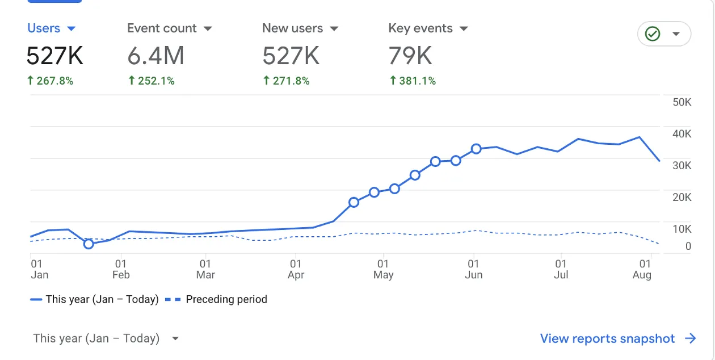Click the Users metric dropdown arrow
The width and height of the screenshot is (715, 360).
click(71, 29)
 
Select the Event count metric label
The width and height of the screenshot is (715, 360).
click(162, 28)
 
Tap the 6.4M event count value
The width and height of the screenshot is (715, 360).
click(155, 56)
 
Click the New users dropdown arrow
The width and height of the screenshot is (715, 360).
click(334, 29)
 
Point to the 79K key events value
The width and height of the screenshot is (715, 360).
click(410, 56)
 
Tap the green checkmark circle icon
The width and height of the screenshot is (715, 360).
click(653, 34)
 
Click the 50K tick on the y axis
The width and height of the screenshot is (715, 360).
click(682, 102)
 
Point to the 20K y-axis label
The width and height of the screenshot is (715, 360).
click(682, 198)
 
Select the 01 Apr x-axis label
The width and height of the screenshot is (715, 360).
click(296, 269)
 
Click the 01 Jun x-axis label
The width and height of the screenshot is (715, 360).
click(474, 269)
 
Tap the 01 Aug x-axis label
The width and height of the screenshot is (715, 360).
click(642, 269)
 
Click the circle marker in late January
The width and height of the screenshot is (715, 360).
click(89, 244)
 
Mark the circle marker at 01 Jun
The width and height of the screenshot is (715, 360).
click(476, 149)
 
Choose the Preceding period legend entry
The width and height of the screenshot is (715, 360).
click(216, 299)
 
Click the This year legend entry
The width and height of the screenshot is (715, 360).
click(94, 299)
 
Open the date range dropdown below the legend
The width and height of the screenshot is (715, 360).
click(106, 338)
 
